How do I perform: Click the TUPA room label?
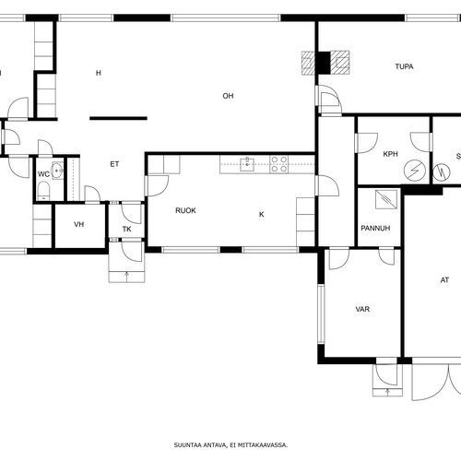tap(404, 66)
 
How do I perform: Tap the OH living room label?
tap(228, 96)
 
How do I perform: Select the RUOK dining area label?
tap(185, 210)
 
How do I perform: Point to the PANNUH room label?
tap(375, 228)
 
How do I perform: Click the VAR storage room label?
tap(362, 309)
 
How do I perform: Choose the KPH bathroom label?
tap(391, 154)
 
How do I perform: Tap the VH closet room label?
tap(79, 224)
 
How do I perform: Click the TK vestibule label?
tap(127, 229)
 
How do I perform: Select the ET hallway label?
tap(114, 164)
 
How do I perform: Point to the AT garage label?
tap(444, 280)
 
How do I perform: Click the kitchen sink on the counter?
tap(247, 164)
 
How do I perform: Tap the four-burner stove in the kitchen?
tap(279, 164)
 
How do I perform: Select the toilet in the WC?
tap(43, 190)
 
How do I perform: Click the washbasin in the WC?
tap(57, 171)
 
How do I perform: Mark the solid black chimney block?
tap(324, 63)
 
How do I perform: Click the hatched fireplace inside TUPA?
tap(339, 63)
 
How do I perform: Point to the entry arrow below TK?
tap(127, 277)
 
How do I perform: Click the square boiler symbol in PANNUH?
tap(386, 200)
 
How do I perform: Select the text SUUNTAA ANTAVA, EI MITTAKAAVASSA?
tap(230, 444)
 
